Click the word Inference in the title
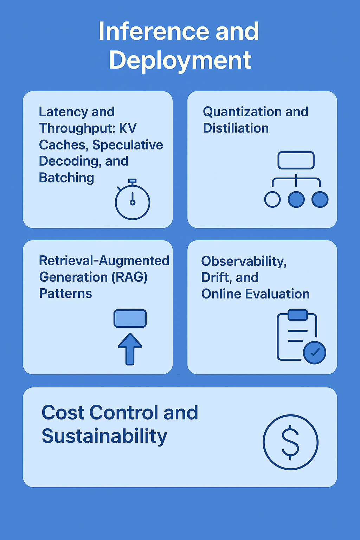(x=154, y=31)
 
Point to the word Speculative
(x=128, y=145)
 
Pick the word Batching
(x=66, y=178)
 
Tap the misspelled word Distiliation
(x=236, y=128)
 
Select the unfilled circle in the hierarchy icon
(x=272, y=199)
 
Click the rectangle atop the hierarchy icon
(x=296, y=160)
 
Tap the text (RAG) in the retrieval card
(x=129, y=277)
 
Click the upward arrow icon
(x=130, y=349)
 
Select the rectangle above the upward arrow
(x=130, y=319)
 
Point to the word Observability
(x=244, y=261)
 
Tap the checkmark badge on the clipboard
(x=314, y=353)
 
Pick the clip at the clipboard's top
(x=298, y=315)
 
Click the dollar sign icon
(x=290, y=442)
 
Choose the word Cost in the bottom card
(x=63, y=412)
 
